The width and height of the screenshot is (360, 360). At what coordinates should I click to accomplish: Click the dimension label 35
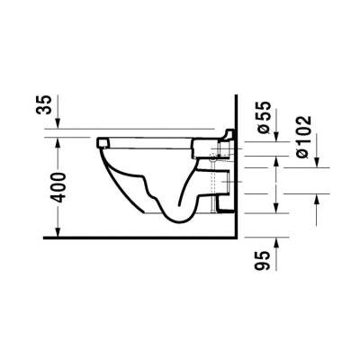44,104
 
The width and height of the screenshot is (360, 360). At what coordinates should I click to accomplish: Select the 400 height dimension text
57,187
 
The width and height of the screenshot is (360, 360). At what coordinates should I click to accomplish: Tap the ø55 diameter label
264,117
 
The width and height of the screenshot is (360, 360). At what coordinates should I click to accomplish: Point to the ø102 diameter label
304,137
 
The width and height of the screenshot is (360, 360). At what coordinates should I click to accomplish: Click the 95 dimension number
262,260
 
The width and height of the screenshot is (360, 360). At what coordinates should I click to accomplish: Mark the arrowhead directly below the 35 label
58,124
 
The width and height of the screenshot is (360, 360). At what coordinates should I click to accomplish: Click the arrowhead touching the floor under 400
58,232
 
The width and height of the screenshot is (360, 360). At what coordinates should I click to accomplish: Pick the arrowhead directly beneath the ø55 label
276,136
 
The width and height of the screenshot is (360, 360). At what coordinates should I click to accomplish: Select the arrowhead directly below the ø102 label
317,162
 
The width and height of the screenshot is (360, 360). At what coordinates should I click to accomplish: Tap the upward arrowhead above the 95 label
276,242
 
